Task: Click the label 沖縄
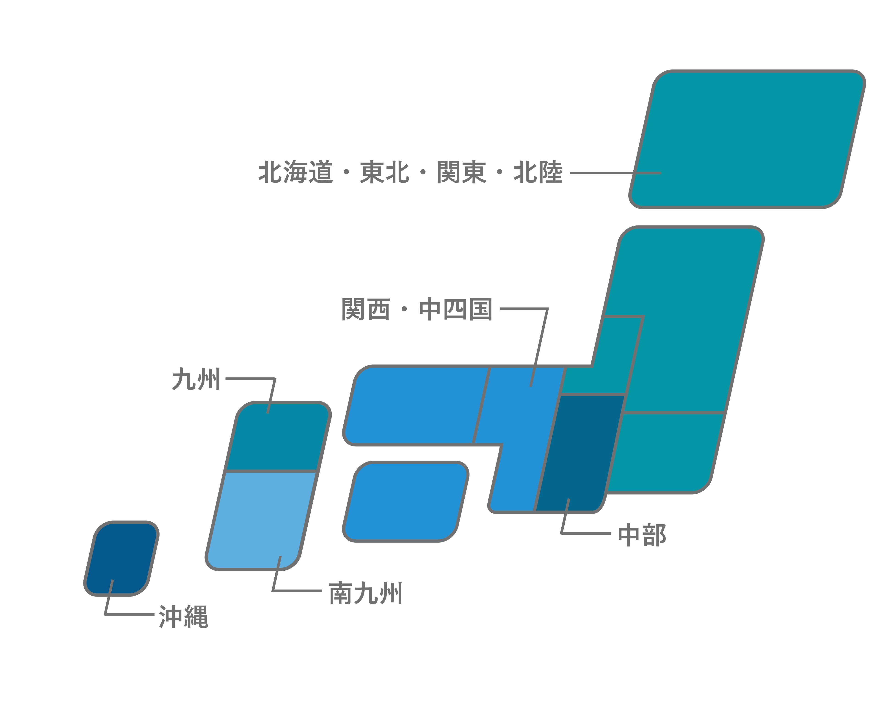183,617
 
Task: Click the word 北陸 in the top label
538,172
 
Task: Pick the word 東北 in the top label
384,172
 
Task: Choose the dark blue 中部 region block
580,452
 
